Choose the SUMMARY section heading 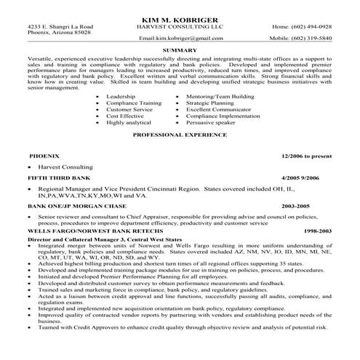point(180,49)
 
